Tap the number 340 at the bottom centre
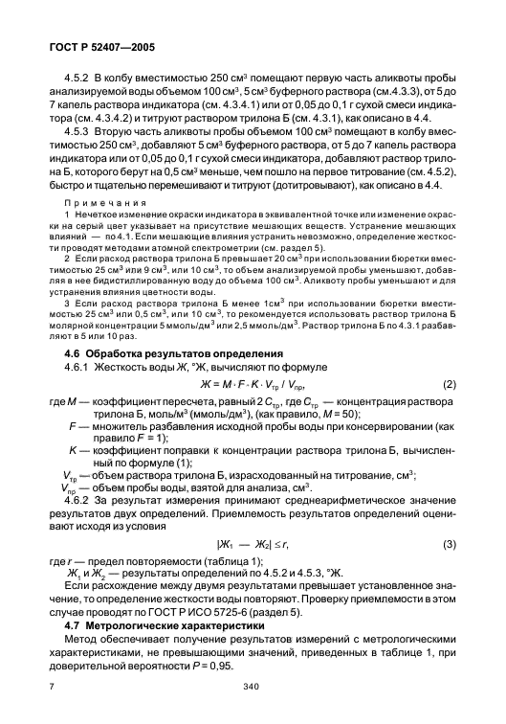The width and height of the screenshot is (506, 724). click(252, 687)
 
